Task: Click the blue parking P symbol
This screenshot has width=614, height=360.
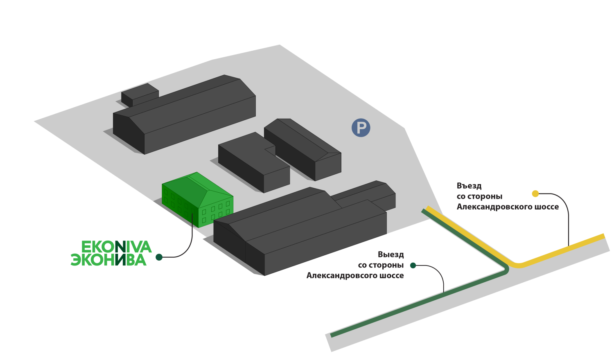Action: pyautogui.click(x=361, y=128)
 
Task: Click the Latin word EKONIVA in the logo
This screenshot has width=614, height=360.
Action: pyautogui.click(x=117, y=247)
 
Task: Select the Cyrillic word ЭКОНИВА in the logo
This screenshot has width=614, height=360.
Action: pyautogui.click(x=108, y=260)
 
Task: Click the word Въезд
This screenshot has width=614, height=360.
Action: pyautogui.click(x=469, y=186)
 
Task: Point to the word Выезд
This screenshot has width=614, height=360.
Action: pyautogui.click(x=391, y=254)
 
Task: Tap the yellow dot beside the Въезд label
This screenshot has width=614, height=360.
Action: pyautogui.click(x=535, y=193)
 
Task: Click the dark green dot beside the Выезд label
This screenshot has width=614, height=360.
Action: pyautogui.click(x=413, y=265)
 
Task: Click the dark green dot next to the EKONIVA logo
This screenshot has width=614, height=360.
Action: pyautogui.click(x=159, y=257)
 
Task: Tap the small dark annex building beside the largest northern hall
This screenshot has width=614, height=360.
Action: pyautogui.click(x=140, y=94)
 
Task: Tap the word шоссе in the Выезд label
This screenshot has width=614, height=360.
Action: pyautogui.click(x=392, y=276)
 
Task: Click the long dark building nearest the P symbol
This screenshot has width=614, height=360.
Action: pyautogui.click(x=303, y=147)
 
